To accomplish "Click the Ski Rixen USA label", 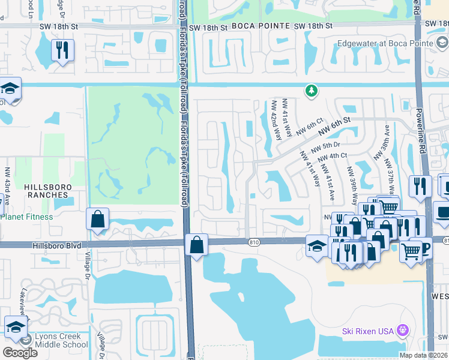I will (x=367, y=331).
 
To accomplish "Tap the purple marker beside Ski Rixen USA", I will (x=403, y=331).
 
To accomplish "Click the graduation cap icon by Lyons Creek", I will (x=15, y=327).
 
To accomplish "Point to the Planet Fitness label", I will (x=26, y=217).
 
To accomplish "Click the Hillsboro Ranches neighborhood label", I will (x=47, y=191).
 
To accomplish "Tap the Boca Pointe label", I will (x=257, y=26).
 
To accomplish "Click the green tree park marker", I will (x=311, y=91).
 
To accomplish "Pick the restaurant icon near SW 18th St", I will (x=62, y=51).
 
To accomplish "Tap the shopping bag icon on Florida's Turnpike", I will (x=196, y=245).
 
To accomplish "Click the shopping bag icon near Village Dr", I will (x=97, y=220).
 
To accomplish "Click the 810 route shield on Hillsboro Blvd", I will (x=254, y=242).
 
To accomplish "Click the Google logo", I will (x=20, y=352).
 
